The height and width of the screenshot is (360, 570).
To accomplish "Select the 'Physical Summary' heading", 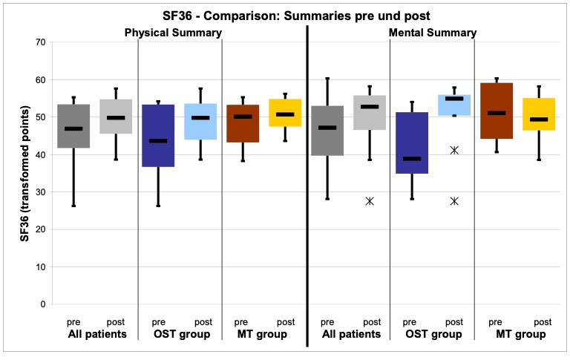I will pyautogui.click(x=173, y=33).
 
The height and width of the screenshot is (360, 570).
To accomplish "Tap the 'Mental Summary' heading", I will pyautogui.click(x=433, y=33).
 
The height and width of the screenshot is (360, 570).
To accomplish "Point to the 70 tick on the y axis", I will pyautogui.click(x=39, y=42).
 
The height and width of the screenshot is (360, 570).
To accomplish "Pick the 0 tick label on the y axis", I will pyautogui.click(x=42, y=304).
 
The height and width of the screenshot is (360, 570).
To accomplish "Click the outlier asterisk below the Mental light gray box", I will pyautogui.click(x=369, y=201).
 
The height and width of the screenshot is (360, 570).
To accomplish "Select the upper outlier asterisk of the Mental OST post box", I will pyautogui.click(x=454, y=150).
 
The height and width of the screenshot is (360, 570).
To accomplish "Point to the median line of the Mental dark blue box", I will pyautogui.click(x=412, y=158).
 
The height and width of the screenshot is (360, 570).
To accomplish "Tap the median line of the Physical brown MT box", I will pyautogui.click(x=242, y=117).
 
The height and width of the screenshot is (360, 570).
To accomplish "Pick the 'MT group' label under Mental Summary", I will pyautogui.click(x=521, y=335).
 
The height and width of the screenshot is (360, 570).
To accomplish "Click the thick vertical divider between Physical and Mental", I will pyautogui.click(x=307, y=186).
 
